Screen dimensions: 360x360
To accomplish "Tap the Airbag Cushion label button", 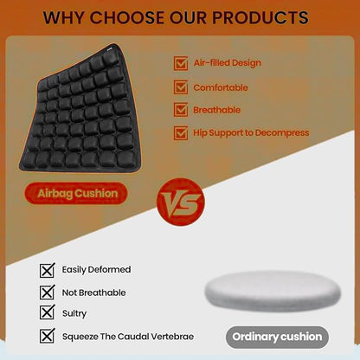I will (x=78, y=193).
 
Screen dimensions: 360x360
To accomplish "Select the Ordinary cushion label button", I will (x=277, y=336).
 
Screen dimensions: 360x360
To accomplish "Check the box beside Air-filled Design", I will (x=181, y=63).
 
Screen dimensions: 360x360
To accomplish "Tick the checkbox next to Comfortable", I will (x=181, y=87).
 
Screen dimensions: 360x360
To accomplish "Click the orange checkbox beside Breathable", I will (x=181, y=110).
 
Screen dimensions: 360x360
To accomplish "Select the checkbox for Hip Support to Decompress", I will (x=181, y=133).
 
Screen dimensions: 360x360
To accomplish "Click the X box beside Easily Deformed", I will (x=47, y=269).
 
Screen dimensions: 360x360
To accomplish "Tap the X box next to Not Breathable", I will (x=47, y=292).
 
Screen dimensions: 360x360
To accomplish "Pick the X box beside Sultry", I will (x=47, y=313).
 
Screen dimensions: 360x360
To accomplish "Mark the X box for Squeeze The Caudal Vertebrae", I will (x=47, y=336).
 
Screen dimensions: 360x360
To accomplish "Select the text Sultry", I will (x=74, y=313).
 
